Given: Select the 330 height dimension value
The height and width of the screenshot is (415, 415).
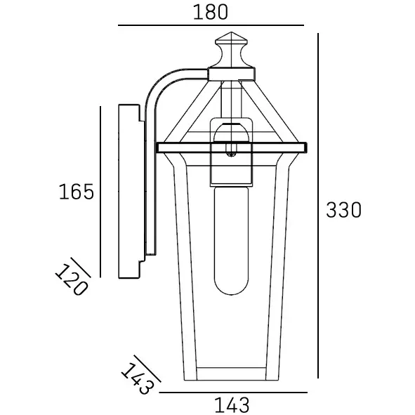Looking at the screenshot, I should [344, 209].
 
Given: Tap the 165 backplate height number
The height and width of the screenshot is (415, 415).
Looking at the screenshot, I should [75, 191].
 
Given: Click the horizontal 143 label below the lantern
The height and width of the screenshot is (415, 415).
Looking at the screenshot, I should [231, 404].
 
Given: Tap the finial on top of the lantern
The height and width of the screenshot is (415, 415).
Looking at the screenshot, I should [232, 50].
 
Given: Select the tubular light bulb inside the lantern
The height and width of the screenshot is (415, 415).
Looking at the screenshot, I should [231, 239].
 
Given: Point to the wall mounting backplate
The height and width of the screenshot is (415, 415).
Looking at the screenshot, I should [131, 191].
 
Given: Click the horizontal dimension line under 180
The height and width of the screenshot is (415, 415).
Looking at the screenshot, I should [211, 26].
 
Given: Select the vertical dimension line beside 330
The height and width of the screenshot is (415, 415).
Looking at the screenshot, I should [320, 211].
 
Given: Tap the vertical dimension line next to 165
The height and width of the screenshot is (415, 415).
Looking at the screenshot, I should [101, 191].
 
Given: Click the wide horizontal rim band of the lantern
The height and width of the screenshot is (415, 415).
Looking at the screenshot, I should [232, 147].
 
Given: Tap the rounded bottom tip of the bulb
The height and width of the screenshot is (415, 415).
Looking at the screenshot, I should [231, 289].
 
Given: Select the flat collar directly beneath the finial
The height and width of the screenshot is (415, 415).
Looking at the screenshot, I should [232, 72].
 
